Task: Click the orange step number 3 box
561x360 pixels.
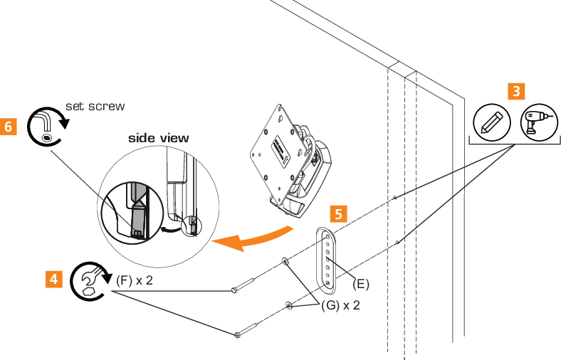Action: pyautogui.click(x=516, y=92)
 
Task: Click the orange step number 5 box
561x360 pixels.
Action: pyautogui.click(x=340, y=213)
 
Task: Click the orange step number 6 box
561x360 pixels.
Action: pyautogui.click(x=9, y=127)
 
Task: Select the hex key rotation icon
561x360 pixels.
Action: pyautogui.click(x=46, y=125)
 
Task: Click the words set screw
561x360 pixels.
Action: pyautogui.click(x=95, y=107)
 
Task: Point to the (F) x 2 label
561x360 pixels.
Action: pyautogui.click(x=135, y=280)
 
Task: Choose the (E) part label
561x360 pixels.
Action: pyautogui.click(x=362, y=284)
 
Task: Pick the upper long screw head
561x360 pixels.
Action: pyautogui.click(x=234, y=290)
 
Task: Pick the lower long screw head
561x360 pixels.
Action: pyautogui.click(x=237, y=334)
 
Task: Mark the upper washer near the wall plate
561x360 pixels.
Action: pyautogui.click(x=285, y=262)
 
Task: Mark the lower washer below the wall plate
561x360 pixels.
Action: pyautogui.click(x=288, y=306)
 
